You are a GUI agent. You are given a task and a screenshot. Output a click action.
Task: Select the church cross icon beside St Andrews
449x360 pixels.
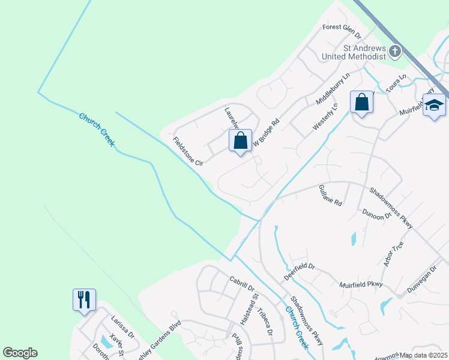point(395,52)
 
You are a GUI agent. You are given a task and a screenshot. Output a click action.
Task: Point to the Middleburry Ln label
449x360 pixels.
point(333,89)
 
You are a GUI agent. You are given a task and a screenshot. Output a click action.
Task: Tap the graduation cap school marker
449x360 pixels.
point(434,106)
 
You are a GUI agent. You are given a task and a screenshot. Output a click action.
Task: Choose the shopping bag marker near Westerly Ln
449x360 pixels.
point(362,103)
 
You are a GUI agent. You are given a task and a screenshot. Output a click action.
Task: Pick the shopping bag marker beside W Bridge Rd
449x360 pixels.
point(240,141)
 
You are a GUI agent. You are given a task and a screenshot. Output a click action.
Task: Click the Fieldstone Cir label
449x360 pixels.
point(188,152)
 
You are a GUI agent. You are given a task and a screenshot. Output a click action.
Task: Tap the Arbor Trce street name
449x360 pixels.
point(393,253)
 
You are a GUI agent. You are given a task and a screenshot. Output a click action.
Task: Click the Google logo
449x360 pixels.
point(20,353)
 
